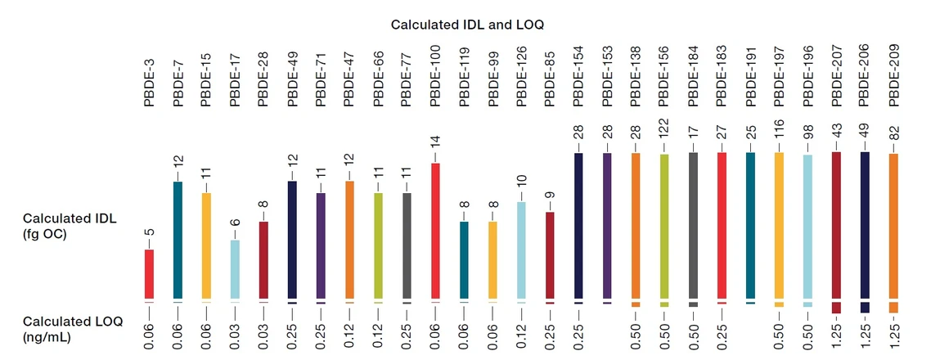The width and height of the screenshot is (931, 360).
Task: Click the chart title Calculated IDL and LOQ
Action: (x=467, y=25)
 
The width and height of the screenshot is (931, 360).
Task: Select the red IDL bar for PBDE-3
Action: (x=149, y=274)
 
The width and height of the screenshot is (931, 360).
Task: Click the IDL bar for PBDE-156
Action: (x=664, y=226)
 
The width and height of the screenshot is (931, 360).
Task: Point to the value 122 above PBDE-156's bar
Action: (x=664, y=137)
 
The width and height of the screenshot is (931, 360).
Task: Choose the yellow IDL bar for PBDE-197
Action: (x=779, y=226)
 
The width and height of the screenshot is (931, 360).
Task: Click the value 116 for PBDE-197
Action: (x=779, y=137)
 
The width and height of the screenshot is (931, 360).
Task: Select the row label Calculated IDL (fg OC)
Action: (x=70, y=226)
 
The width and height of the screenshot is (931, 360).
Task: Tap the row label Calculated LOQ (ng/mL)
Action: (x=72, y=329)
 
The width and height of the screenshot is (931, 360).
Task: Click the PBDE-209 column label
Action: (x=893, y=79)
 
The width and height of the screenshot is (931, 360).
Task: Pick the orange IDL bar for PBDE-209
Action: (x=893, y=226)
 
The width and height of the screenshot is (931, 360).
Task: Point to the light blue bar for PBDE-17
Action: (x=235, y=269)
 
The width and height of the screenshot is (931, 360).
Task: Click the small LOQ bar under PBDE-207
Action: (x=836, y=308)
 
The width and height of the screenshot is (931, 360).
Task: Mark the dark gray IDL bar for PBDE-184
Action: (x=693, y=226)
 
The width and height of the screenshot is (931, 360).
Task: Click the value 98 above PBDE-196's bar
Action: (x=807, y=140)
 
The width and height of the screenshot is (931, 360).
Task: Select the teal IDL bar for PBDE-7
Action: (x=178, y=240)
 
